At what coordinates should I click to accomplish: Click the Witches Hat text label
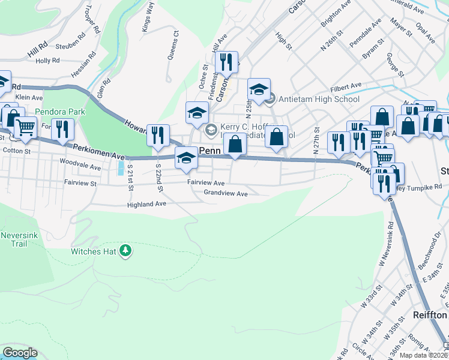tap(93, 251)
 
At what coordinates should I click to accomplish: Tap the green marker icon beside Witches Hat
tap(125, 250)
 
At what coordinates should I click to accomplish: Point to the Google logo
tap(20, 353)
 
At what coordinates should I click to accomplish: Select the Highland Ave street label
tap(146, 205)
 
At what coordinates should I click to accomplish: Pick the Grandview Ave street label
tap(225, 194)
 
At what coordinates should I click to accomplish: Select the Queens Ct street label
tap(175, 43)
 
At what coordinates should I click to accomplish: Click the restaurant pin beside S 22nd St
tap(158, 135)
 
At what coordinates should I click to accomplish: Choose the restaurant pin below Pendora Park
tap(62, 129)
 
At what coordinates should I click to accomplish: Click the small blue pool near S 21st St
tap(122, 166)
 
